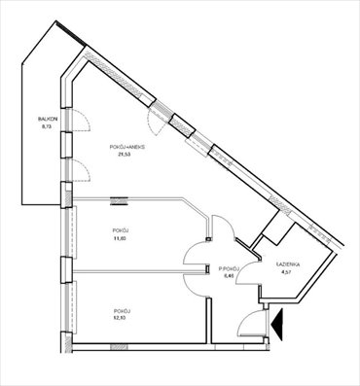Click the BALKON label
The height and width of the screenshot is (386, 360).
coord(34,119)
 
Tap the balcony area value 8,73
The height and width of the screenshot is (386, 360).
coord(34,126)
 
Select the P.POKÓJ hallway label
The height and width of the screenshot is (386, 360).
coord(230,268)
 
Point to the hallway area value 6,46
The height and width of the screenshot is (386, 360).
coord(230,276)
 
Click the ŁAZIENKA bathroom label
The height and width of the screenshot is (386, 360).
coord(286,264)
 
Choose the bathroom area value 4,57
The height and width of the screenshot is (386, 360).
coord(286,272)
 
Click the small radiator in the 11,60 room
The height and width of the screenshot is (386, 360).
coord(120,201)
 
